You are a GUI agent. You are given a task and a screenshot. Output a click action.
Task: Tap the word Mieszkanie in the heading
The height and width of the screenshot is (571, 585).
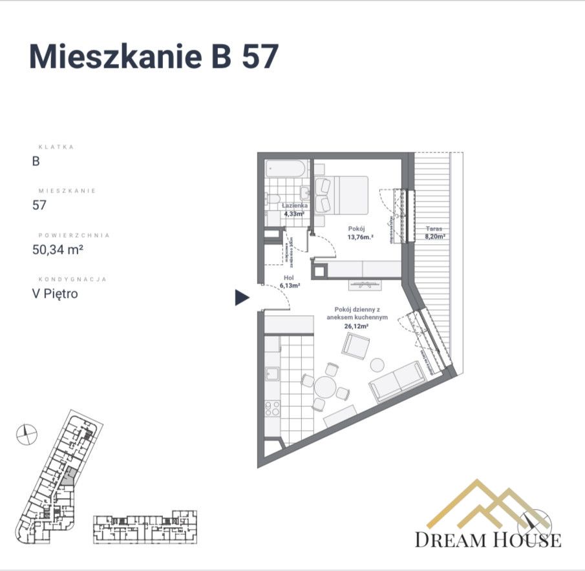114,57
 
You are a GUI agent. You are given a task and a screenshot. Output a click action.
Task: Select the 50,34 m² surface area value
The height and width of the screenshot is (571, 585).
59,249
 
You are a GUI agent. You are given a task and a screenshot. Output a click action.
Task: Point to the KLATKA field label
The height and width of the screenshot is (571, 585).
57,147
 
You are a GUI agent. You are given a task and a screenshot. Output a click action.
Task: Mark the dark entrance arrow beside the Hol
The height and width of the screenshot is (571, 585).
242,297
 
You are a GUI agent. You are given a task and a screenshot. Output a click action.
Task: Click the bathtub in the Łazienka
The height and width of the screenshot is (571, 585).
285,169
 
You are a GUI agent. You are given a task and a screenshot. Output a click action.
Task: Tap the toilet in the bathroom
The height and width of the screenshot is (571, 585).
273,198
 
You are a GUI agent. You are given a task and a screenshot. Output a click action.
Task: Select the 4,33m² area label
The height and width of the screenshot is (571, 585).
295,213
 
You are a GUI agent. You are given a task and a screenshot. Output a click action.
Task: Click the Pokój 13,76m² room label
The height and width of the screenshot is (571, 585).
357,232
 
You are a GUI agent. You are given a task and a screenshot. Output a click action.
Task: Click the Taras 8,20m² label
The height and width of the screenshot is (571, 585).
434,233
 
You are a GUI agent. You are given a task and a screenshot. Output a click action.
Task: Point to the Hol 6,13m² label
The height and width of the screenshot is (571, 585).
289,282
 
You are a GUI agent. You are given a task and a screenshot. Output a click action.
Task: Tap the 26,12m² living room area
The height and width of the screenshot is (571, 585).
356,327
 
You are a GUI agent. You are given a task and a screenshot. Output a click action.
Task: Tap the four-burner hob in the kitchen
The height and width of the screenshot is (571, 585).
272,408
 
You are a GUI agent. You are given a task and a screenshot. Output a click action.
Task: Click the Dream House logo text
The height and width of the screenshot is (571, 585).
487,539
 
